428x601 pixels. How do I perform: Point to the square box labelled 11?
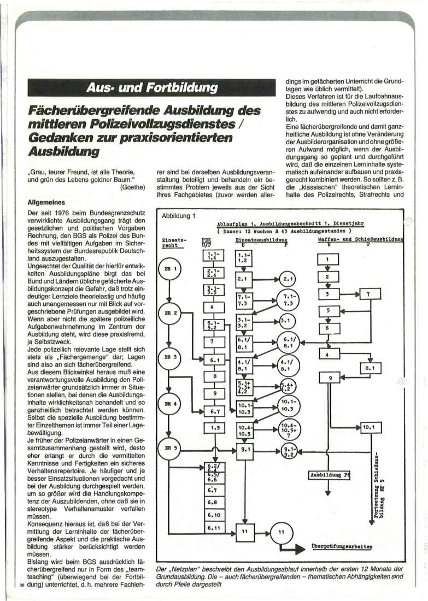click(x=244, y=531)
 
